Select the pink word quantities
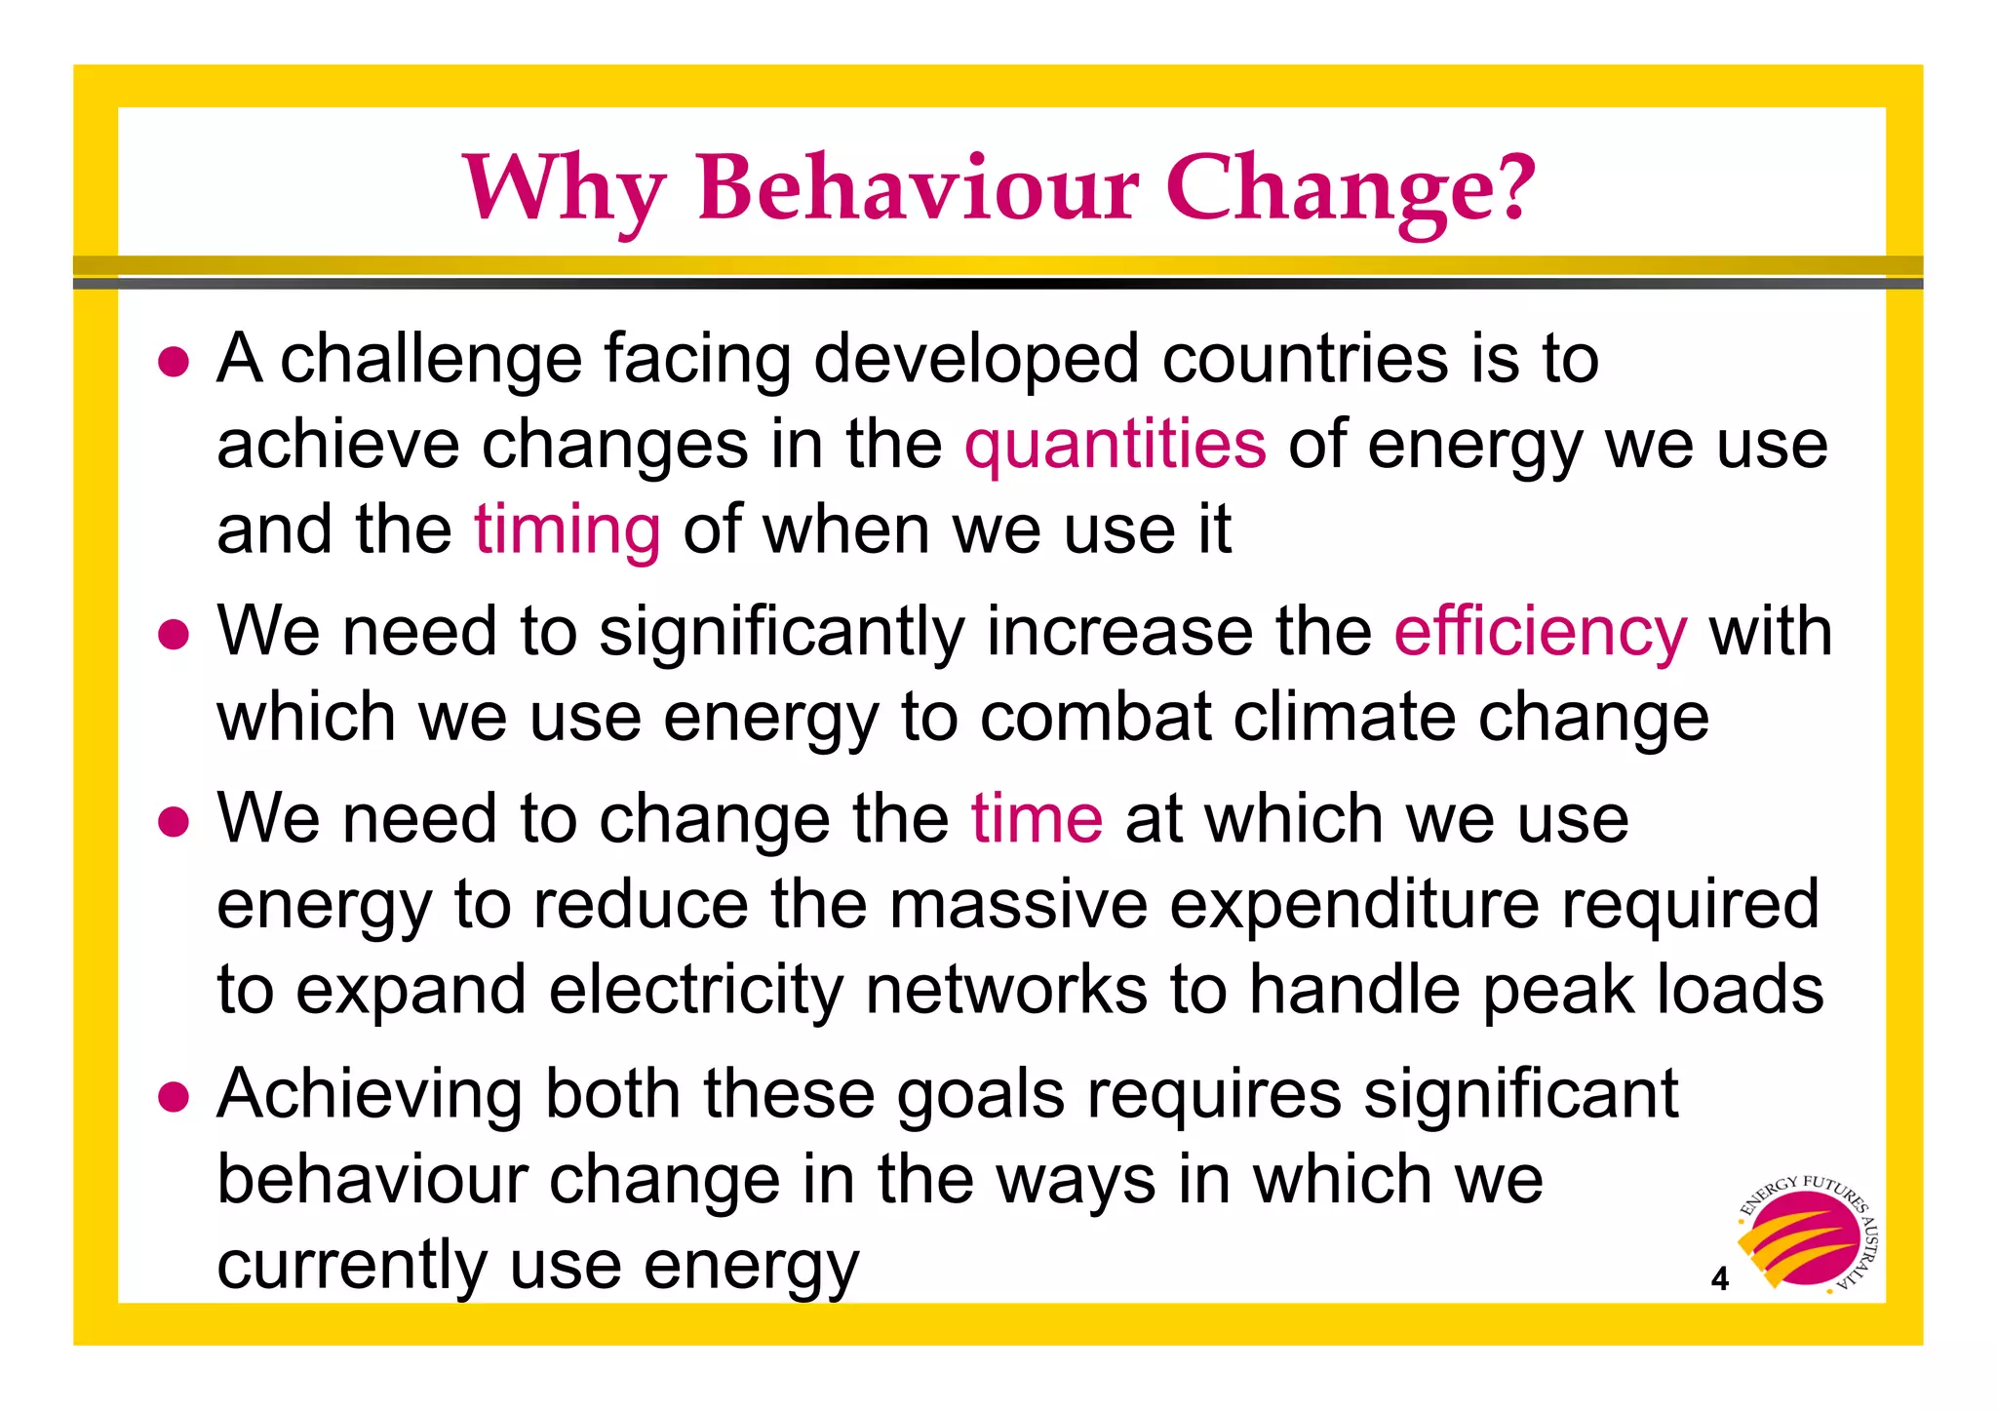pos(1116,445)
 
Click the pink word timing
pos(568,531)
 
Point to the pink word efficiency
pos(1540,632)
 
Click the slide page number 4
pos(1720,1278)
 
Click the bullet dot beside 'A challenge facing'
pos(174,362)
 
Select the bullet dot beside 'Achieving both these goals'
pos(174,1096)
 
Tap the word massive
pos(1018,904)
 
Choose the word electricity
pos(695,990)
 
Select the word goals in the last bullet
pos(980,1095)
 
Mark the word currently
pos(351,1267)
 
